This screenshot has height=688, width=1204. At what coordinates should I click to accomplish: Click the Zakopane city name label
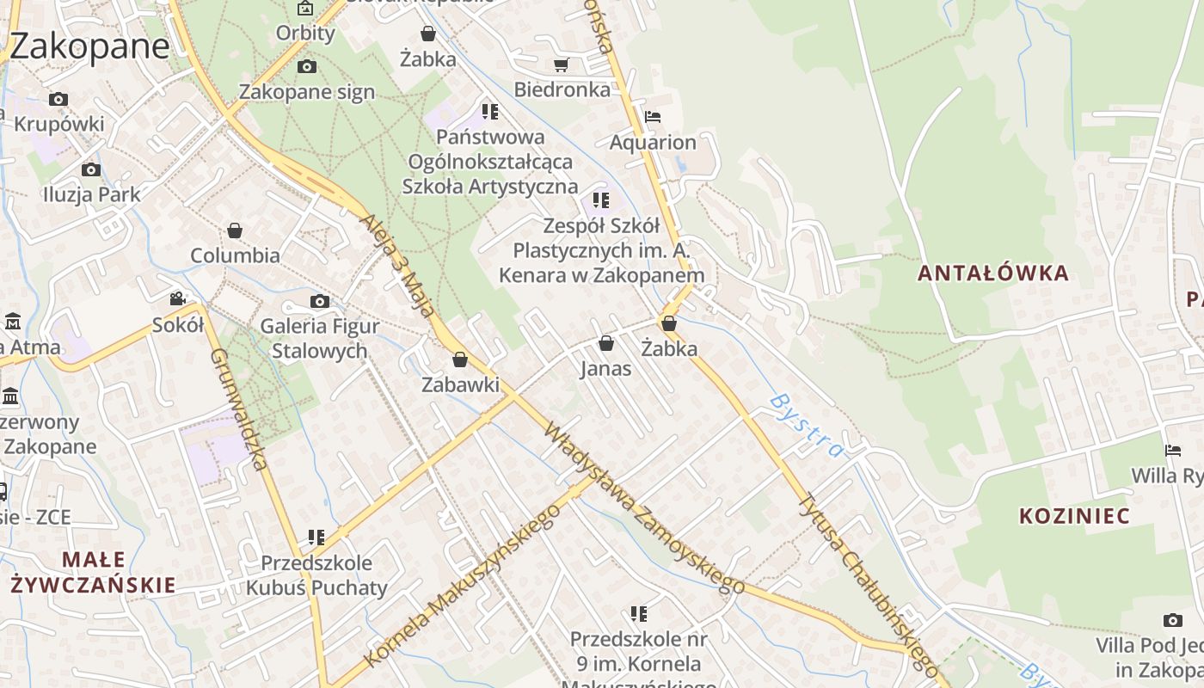pyautogui.click(x=89, y=46)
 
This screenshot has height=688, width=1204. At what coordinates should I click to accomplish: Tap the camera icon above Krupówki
pyautogui.click(x=58, y=100)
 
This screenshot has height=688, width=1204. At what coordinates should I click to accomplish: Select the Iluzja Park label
pyautogui.click(x=91, y=194)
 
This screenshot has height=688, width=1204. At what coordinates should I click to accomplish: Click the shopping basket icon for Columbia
pyautogui.click(x=235, y=230)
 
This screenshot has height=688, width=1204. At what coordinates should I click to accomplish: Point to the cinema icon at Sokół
pyautogui.click(x=177, y=299)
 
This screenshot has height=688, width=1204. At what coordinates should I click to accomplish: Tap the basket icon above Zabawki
pyautogui.click(x=460, y=359)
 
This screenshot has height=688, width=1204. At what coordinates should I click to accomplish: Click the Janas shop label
pyautogui.click(x=605, y=369)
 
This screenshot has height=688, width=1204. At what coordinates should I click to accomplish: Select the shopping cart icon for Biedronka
pyautogui.click(x=562, y=64)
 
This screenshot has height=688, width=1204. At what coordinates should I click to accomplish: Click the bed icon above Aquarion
pyautogui.click(x=653, y=117)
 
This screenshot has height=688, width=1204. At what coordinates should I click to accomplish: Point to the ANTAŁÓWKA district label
pyautogui.click(x=993, y=273)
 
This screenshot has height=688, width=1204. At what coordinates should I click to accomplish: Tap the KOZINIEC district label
pyautogui.click(x=1074, y=516)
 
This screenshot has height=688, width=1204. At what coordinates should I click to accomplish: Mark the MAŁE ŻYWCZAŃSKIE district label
pyautogui.click(x=93, y=573)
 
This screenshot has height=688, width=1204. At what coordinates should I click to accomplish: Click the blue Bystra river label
pyautogui.click(x=806, y=425)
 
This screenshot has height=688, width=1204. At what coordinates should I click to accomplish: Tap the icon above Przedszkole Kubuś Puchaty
pyautogui.click(x=316, y=537)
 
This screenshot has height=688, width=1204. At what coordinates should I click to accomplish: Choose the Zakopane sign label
pyautogui.click(x=307, y=92)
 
